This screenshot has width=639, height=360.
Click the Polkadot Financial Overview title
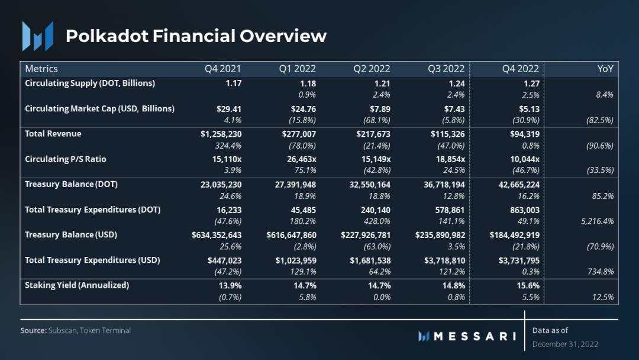[196, 36]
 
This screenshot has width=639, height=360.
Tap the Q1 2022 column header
[298, 69]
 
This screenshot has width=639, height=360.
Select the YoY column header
[605, 69]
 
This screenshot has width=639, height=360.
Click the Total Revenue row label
[53, 134]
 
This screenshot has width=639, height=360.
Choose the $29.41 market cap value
[229, 108]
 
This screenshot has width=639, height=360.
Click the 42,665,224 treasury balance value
[518, 184]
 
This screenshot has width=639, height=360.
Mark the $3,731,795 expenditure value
[517, 260]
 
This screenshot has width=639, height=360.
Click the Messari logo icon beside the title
[37, 36]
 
